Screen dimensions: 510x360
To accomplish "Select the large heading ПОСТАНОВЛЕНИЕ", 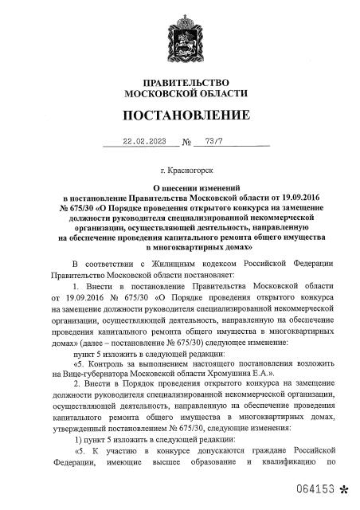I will (180, 116).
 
